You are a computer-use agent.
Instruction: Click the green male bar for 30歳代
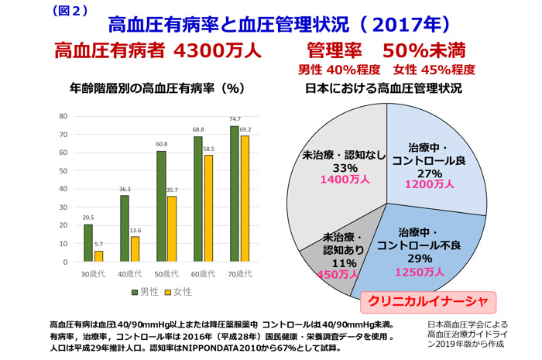coord(88,243)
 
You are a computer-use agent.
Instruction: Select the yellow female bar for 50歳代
coord(173,229)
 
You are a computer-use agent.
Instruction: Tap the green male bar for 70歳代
coord(234,194)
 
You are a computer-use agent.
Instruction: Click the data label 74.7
coord(234,118)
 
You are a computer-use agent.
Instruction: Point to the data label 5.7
coord(99,244)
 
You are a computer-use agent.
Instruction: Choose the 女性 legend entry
coord(177,292)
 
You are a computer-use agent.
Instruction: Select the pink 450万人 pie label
coord(339,274)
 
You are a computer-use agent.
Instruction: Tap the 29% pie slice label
coord(420,259)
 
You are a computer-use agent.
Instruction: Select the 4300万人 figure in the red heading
coord(218,51)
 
